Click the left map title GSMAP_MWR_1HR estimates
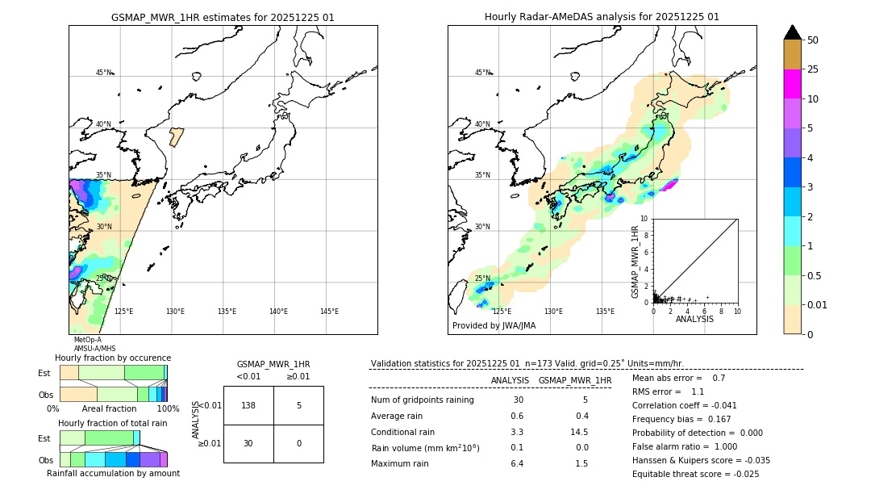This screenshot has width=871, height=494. click(x=223, y=17)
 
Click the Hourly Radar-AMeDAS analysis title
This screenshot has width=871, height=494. click(x=602, y=17)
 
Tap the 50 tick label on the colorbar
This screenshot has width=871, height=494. click(x=813, y=40)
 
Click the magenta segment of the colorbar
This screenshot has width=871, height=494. click(x=793, y=84)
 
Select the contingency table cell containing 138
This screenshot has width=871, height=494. click(x=248, y=405)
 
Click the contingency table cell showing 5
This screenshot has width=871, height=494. click(x=298, y=405)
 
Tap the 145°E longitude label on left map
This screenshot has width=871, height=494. click(x=329, y=312)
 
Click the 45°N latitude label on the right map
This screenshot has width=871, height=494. click(x=482, y=73)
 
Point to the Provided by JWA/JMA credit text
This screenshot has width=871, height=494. click(x=494, y=326)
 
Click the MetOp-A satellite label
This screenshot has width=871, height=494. click(x=87, y=340)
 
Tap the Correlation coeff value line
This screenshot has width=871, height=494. click(x=685, y=405)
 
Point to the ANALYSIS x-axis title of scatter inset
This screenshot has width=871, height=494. click(x=694, y=319)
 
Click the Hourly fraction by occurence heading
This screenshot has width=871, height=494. click(x=113, y=358)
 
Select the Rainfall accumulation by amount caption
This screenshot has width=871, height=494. click(x=113, y=474)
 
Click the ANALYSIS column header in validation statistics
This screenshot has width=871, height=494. click(x=510, y=380)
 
